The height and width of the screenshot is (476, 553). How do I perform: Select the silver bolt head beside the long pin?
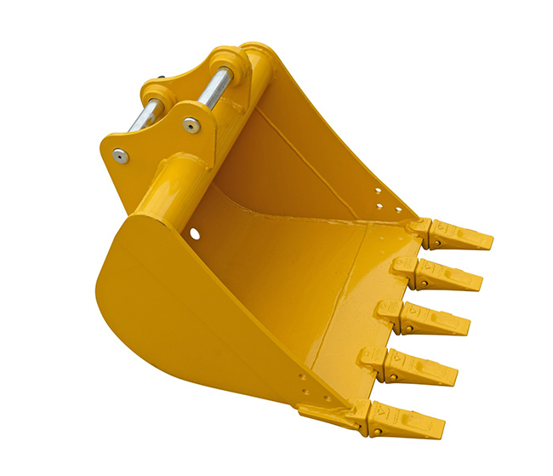(x=191, y=125)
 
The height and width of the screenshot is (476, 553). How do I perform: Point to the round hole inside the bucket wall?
(x=195, y=231)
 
